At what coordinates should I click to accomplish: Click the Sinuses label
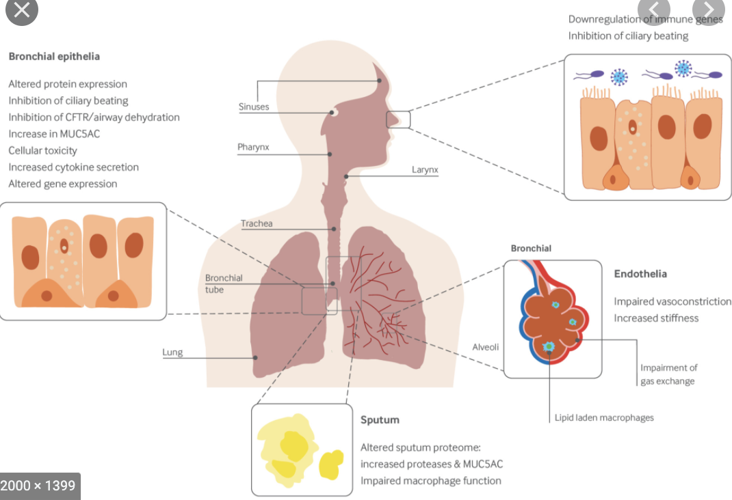pos(254,107)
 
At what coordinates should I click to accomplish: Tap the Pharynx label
pos(253,147)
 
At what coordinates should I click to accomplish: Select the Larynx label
pos(425,169)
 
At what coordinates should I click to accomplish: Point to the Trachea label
pos(257,223)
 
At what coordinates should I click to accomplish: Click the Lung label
pos(172,352)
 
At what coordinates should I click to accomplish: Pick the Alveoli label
pos(486,347)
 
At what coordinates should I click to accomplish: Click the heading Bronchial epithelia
pos(54,56)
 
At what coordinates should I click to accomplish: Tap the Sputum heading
pos(380,419)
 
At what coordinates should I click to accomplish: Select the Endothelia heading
pos(640,274)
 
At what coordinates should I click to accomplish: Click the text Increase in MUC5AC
pos(54,134)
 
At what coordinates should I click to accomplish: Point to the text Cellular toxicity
pos(42,150)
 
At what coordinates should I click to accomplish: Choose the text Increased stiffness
pos(656,318)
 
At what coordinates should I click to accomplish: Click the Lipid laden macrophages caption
pos(604,417)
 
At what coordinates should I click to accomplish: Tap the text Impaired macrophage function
pos(431,480)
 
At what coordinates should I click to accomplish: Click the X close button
pos(22,10)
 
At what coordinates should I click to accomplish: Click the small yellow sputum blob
pos(330,464)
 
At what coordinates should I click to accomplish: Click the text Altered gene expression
pos(63,184)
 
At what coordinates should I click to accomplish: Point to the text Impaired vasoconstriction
pos(672,301)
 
